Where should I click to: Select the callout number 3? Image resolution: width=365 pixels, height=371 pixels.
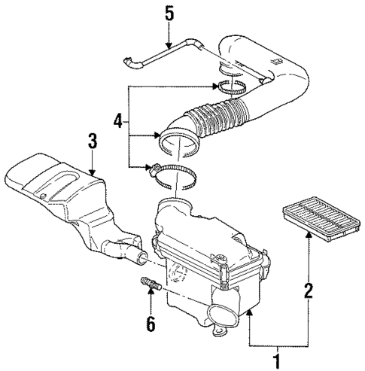91,141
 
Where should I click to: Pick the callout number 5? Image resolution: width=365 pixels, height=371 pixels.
169,13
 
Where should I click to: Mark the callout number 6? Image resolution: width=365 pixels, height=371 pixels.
151,324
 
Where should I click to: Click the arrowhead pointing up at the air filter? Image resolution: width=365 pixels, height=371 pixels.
307,235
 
